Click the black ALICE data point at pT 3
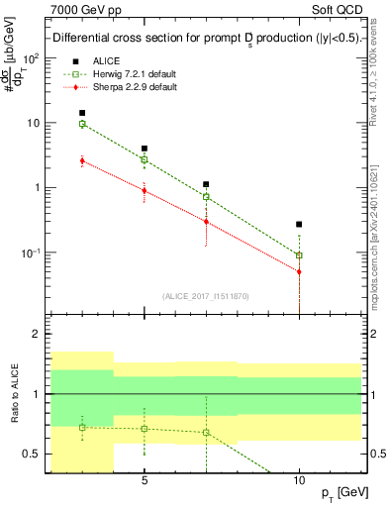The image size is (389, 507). (82, 113)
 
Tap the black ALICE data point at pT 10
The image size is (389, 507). (299, 225)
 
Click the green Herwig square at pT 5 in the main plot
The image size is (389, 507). (145, 159)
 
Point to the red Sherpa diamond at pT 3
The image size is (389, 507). (82, 160)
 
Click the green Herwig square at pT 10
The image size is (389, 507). (299, 255)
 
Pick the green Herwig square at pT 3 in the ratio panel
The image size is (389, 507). (82, 427)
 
